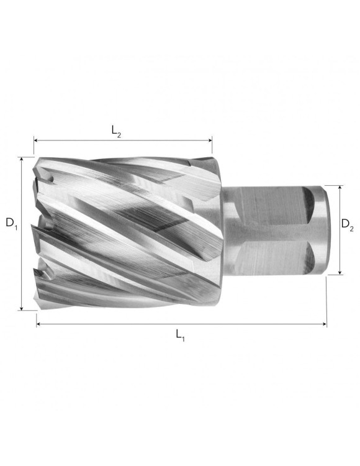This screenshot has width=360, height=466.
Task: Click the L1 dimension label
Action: pyautogui.click(x=181, y=336)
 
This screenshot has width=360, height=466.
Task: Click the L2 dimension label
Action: pyautogui.click(x=117, y=130)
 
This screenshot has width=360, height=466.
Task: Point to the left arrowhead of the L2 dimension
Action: pyautogui.click(x=37, y=141)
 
